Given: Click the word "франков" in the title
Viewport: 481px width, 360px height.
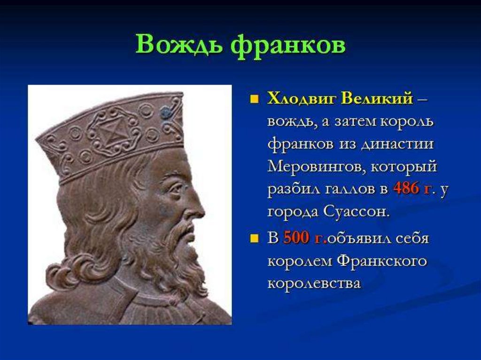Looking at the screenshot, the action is pos(288,46).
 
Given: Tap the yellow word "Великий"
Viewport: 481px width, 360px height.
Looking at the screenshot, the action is pos(377,99).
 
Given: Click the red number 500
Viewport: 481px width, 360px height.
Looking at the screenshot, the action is pos(295,237).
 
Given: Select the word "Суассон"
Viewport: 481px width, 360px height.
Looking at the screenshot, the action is pos(356,212).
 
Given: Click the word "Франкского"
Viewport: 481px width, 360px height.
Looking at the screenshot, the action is pos(381,261).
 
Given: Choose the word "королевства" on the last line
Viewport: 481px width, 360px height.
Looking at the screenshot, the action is pos(314,283).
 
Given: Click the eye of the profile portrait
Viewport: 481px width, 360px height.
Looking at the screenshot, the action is pos(176,187).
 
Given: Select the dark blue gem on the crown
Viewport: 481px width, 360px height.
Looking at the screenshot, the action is pos(166,112).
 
